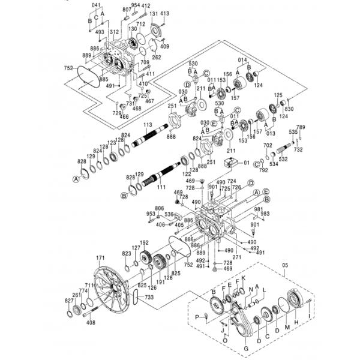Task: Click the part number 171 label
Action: [97, 258]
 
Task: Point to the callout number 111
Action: [161, 187]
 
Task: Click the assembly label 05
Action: [285, 265]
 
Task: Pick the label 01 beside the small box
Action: [246, 162]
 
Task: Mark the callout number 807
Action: [126, 10]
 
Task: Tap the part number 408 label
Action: [91, 323]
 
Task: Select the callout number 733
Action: [149, 297]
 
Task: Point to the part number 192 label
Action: [144, 242]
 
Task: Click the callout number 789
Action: [301, 127]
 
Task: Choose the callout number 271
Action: [236, 257]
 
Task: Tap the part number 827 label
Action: [69, 300]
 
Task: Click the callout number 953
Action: [151, 214]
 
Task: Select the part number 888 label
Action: [171, 137]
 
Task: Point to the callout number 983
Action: [265, 214]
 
